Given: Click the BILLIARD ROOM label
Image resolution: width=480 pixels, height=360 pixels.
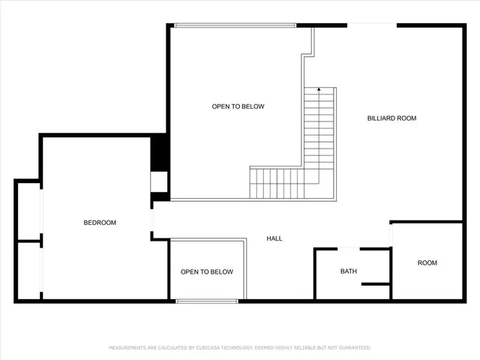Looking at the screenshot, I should (x=391, y=118).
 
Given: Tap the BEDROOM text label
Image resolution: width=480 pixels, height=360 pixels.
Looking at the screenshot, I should (x=100, y=223).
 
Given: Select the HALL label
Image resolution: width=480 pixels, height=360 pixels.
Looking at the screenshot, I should (x=274, y=238).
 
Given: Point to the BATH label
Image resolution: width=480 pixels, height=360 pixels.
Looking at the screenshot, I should (x=349, y=271).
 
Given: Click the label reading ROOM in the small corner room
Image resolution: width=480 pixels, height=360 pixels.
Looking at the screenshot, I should (x=427, y=263).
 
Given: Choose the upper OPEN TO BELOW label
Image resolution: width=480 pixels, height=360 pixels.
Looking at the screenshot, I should (x=238, y=106).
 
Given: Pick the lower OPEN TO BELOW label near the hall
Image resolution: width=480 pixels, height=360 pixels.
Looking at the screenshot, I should (x=207, y=271).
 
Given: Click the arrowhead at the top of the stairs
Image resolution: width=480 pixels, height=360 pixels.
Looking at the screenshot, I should (x=319, y=90).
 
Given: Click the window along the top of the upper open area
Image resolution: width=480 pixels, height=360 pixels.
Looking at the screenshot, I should (x=235, y=25).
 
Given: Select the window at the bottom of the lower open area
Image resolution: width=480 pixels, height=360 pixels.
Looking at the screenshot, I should (x=207, y=301).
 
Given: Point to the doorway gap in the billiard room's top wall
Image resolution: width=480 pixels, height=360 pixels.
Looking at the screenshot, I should (x=371, y=25).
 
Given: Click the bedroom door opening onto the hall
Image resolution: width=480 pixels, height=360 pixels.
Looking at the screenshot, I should (x=152, y=221).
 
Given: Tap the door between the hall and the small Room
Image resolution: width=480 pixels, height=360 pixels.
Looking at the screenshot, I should (x=391, y=235).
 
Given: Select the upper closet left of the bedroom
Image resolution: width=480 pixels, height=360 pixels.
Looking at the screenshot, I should (x=28, y=211).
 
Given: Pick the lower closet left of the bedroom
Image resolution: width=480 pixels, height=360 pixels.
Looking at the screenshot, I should (x=28, y=270).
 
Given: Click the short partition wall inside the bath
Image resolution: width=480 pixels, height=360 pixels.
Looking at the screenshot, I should (x=375, y=284).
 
